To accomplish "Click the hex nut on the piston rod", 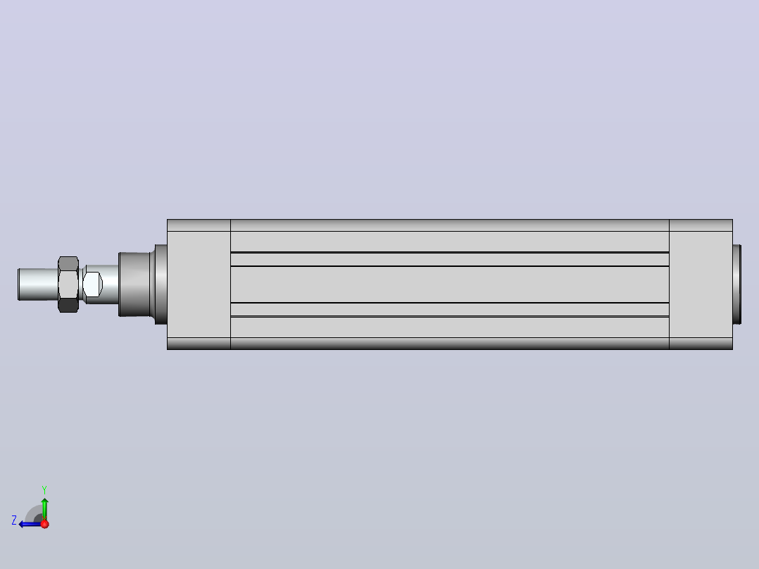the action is [68, 284].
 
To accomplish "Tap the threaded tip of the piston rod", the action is [38, 284].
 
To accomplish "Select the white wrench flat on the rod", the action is [92, 284].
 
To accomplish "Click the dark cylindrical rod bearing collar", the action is [134, 284].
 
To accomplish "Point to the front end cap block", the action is [199, 284].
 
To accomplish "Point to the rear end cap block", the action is [701, 284].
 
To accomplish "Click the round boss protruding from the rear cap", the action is [736, 284].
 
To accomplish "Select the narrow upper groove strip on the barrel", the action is [450, 259].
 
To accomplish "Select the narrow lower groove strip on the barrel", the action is [450, 309].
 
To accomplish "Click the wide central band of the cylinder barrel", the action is [450, 284].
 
